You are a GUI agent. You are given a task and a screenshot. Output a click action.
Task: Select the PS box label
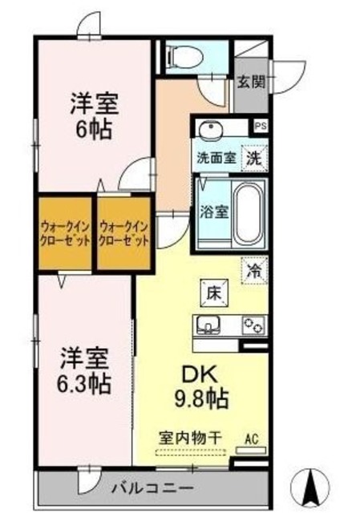pyautogui.click(x=260, y=127)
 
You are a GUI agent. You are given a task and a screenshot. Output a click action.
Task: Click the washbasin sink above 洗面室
pyautogui.click(x=210, y=131)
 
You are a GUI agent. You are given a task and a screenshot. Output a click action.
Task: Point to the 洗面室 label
pyautogui.click(x=216, y=158)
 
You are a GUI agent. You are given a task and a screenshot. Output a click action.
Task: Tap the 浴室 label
pyautogui.click(x=213, y=212)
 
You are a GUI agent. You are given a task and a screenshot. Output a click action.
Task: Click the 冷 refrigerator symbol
pyautogui.click(x=254, y=271)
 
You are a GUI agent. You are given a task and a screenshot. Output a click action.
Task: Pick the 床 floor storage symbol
pyautogui.click(x=215, y=293)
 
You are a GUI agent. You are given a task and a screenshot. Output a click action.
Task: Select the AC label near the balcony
pyautogui.click(x=250, y=438)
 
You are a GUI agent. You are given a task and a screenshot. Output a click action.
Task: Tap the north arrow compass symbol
pyautogui.click(x=313, y=486)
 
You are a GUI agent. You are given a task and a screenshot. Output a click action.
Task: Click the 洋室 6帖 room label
pyautogui.click(x=93, y=114)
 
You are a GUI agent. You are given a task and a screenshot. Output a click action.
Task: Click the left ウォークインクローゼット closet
pyautogui.click(x=64, y=232)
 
